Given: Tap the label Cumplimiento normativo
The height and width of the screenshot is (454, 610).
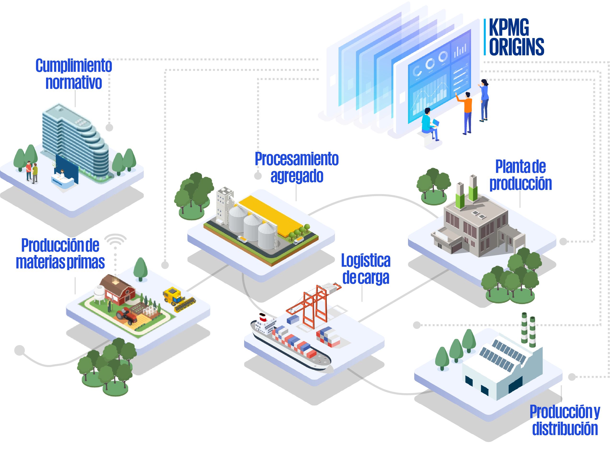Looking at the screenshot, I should point(74,74).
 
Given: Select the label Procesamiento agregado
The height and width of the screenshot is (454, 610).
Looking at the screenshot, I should point(297,167).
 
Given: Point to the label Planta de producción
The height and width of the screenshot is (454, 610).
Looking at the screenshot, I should point(520,175).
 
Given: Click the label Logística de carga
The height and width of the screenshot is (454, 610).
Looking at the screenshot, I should point(366,269).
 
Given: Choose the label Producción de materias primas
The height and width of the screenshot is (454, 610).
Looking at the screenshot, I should point(60,253).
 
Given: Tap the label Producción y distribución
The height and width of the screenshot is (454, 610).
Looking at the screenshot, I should point(565,420).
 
